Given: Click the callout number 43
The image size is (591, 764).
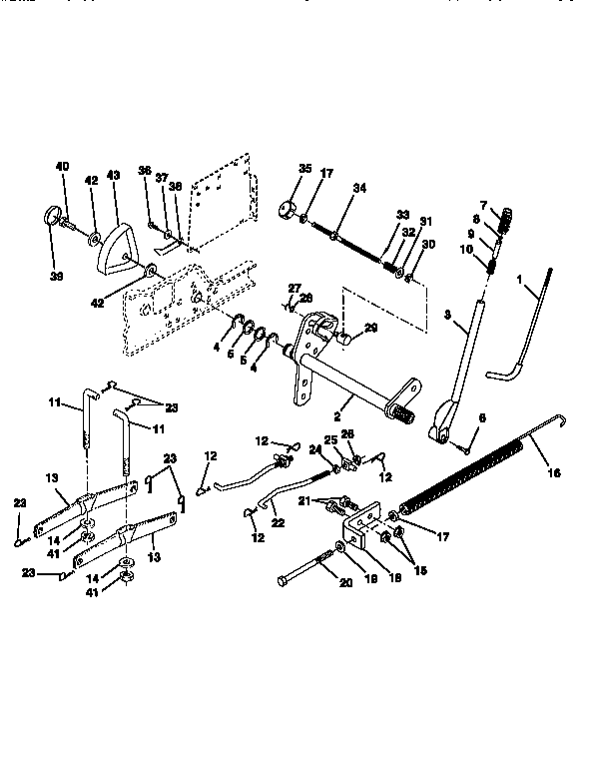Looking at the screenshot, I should coord(113,175).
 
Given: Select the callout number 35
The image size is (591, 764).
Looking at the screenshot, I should coord(304,168).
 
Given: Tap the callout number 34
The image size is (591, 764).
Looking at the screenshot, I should coord(360,187).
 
